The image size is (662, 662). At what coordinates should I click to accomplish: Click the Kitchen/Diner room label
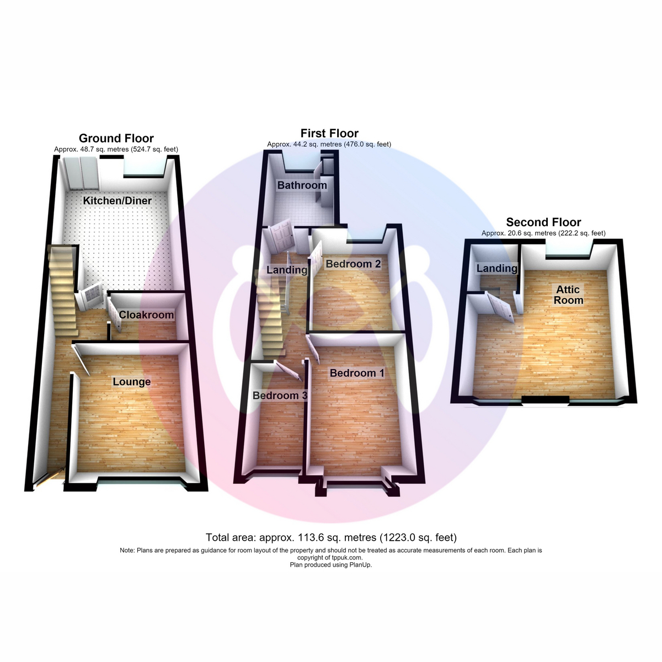pos(117,201)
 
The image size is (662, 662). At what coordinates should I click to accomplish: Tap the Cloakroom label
pos(146,314)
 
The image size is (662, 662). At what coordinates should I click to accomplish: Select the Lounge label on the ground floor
pos(132,382)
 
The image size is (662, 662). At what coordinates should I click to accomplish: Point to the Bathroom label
pos(302,185)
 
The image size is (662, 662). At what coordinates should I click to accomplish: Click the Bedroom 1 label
pos(357,373)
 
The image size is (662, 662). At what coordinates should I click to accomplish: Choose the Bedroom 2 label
pos(353,264)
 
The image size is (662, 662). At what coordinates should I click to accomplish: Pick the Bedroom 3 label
pos(280,396)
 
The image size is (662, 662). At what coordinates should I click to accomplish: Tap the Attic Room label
pos(568,295)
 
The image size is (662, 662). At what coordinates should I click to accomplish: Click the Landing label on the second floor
pos(496,268)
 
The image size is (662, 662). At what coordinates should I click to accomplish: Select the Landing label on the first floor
pos(287,270)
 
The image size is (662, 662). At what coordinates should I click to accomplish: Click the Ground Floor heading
pos(116,138)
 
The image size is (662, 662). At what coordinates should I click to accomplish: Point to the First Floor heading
pos(329,133)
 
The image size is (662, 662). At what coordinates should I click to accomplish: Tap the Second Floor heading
pos(543,222)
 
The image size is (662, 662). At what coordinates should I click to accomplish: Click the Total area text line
pos(331,537)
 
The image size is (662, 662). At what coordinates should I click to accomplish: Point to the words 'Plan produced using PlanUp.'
pos(331,564)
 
